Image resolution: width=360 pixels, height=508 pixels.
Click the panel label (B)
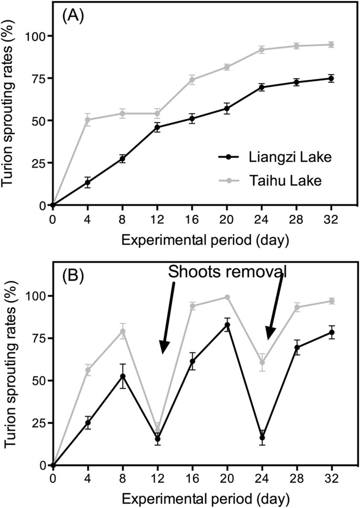pyautogui.click(x=72, y=276)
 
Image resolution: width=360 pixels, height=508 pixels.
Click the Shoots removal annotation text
pyautogui.click(x=227, y=271)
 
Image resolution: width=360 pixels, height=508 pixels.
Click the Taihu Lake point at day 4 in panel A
pyautogui.click(x=88, y=120)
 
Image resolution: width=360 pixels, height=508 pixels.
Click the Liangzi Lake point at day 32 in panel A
pyautogui.click(x=331, y=78)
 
